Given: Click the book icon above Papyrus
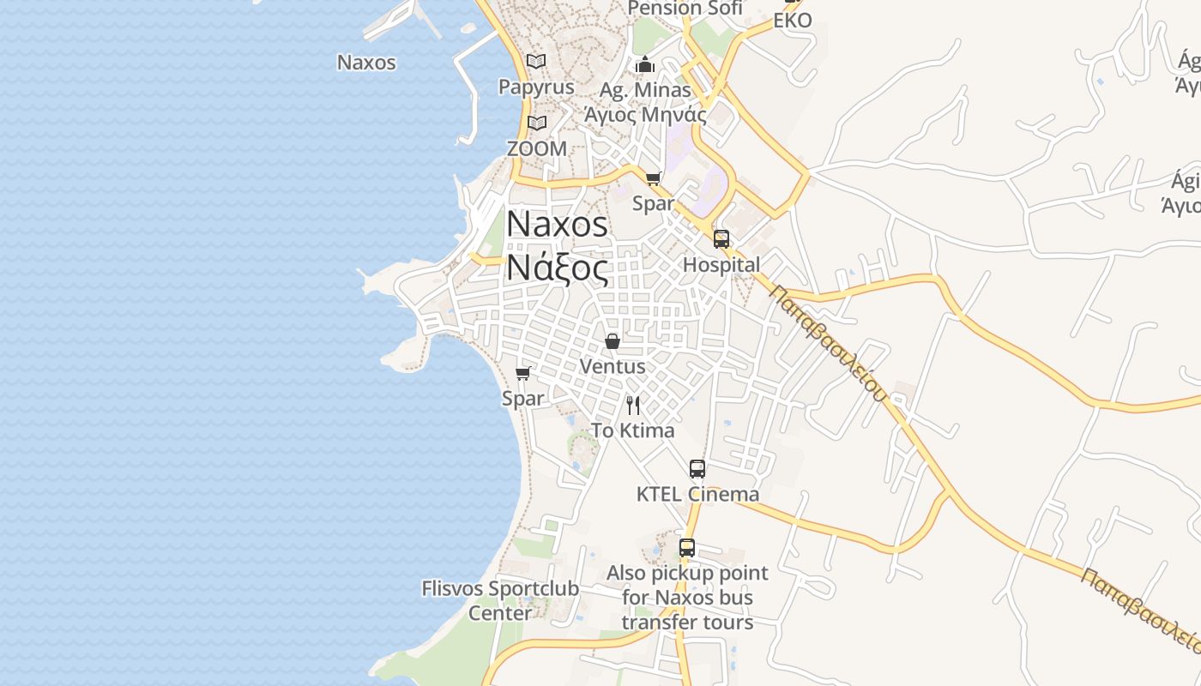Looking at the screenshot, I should click(x=536, y=62).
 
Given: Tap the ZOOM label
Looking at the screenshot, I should click(x=537, y=148).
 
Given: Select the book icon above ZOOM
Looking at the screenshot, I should click(x=537, y=123).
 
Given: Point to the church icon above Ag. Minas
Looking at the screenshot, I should click(x=645, y=64).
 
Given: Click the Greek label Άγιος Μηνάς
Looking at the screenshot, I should click(x=645, y=114).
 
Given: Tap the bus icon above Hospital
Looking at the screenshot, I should click(x=721, y=239).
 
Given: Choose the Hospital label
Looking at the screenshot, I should click(x=721, y=265).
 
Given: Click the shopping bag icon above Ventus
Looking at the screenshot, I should click(x=613, y=341).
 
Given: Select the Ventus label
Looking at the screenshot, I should click(x=613, y=366).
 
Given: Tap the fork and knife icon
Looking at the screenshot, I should click(x=633, y=405).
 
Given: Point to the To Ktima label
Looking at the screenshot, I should click(x=633, y=430).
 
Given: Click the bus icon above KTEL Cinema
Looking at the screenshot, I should click(x=697, y=469).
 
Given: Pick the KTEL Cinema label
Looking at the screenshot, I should click(x=697, y=494).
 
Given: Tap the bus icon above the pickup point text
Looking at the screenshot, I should click(x=687, y=548).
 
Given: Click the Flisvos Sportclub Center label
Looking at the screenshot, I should click(x=500, y=600).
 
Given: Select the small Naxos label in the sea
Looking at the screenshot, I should click(x=366, y=63).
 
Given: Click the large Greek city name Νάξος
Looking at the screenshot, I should click(x=558, y=268).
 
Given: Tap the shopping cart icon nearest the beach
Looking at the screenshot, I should click(x=523, y=374).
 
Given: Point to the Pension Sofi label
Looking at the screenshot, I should click(x=685, y=9).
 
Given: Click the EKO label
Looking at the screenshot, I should click(x=793, y=21).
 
